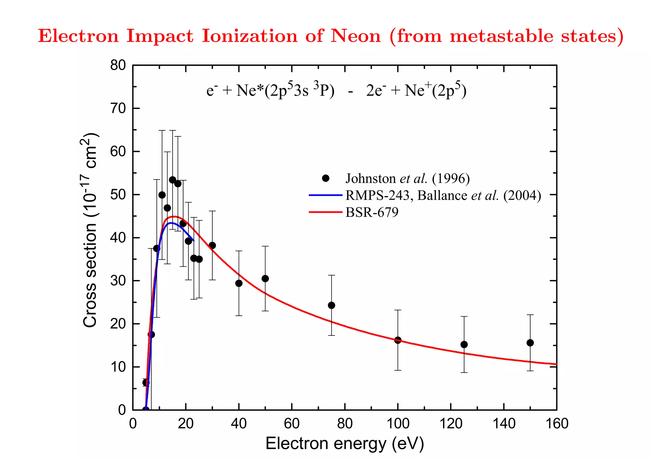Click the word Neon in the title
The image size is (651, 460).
pos(355,36)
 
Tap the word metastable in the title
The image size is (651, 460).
pos(502,36)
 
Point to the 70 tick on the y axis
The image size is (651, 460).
pos(118,109)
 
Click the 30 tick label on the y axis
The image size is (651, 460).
pos(118,281)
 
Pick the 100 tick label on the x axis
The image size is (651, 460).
pos(398,424)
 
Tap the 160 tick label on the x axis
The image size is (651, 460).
pos(557,424)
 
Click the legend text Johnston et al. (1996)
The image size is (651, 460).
pos(408,179)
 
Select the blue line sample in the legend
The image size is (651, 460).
pos(325,195)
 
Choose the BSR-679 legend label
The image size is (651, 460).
pos(372,212)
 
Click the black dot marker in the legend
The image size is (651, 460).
pos(325,178)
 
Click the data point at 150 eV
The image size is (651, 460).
pos(530,343)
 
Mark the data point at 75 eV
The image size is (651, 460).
pos(331,305)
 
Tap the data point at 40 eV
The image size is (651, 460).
pos(239,283)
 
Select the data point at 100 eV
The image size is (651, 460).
pos(398,340)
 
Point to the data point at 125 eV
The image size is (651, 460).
pos(464,344)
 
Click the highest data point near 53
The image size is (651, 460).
pos(172,180)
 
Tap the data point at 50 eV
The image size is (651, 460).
pos(265,278)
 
